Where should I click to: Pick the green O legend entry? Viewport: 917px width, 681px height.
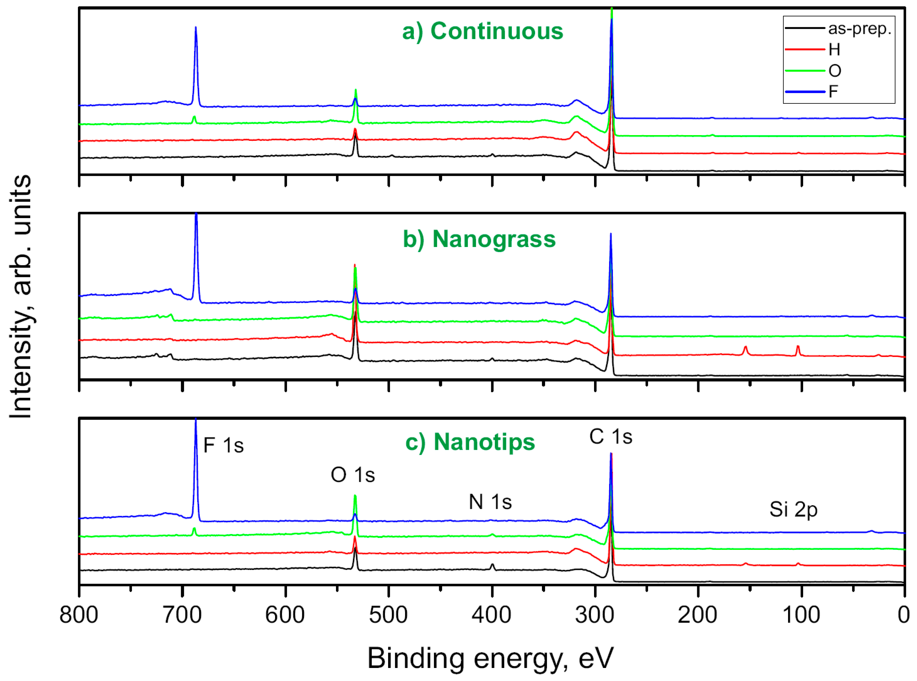835,71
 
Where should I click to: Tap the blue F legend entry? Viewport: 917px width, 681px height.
833,91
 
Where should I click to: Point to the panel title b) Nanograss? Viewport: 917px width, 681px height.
479,239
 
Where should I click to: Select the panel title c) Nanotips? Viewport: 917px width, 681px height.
470,442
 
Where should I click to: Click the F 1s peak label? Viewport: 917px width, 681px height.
224,446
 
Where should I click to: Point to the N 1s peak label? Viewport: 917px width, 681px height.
490,502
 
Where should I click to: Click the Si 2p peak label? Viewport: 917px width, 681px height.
793,510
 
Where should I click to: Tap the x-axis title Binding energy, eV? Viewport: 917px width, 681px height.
490,658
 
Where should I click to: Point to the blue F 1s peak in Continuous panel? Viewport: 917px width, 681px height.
196,29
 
